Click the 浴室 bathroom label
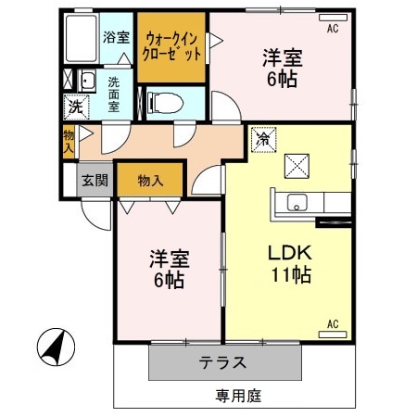[x=116, y=38]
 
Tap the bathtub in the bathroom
[x=82, y=38]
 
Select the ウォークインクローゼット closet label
[x=172, y=46]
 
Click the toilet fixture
[x=168, y=99]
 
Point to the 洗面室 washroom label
[x=113, y=94]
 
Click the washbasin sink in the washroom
[x=88, y=82]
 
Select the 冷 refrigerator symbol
[x=263, y=139]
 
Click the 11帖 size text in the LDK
[x=290, y=274]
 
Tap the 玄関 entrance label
[x=93, y=180]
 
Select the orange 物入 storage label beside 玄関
[x=150, y=179]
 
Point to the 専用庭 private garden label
[x=238, y=397]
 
